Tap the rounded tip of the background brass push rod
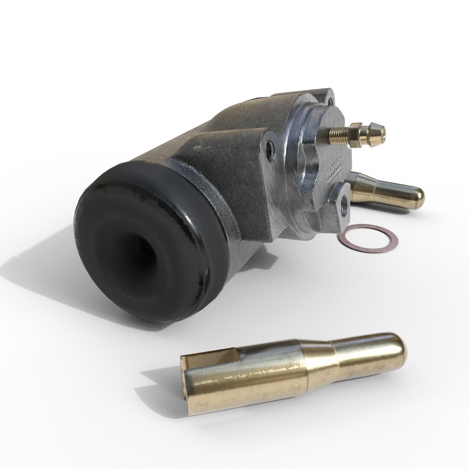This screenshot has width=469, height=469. coord(417,198)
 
